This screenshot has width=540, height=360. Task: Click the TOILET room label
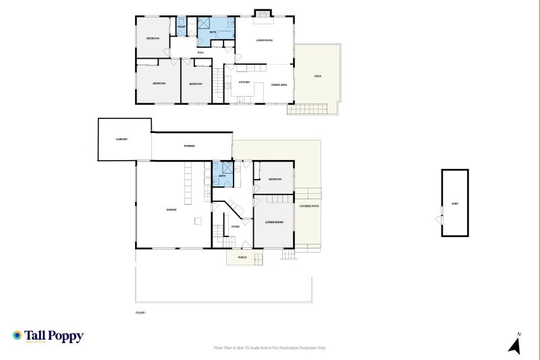pos(181,27)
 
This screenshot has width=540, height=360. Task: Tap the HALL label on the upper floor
pos(200,52)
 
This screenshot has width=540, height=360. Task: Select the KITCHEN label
pos(244,83)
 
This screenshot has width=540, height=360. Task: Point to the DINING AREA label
pos(279,84)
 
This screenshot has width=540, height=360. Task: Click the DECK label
pos(318,76)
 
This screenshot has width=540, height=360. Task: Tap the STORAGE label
pos(190,146)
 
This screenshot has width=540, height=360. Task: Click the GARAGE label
pos(172,209)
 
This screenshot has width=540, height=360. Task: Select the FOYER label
pos(236,227)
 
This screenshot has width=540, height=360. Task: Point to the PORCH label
pos(242,258)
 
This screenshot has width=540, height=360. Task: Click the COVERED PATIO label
pos(309,205)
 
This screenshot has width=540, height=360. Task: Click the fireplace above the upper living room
pos(263,12)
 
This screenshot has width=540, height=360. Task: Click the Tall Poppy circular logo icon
pos(17,335)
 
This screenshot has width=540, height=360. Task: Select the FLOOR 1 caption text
pos(140,313)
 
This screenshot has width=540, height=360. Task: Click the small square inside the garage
pos(197,221)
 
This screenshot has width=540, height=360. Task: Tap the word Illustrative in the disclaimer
pos(298,348)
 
